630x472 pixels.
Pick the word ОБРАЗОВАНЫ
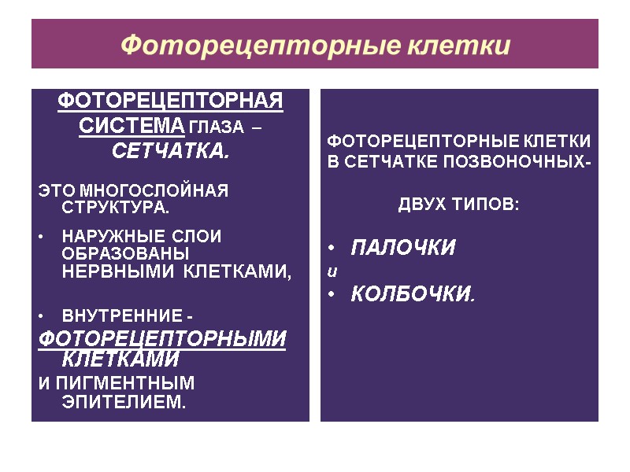(125, 254)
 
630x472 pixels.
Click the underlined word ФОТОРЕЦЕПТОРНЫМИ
(162, 339)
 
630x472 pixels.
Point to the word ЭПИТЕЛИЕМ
(124, 403)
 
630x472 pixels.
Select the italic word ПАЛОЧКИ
(402, 249)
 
